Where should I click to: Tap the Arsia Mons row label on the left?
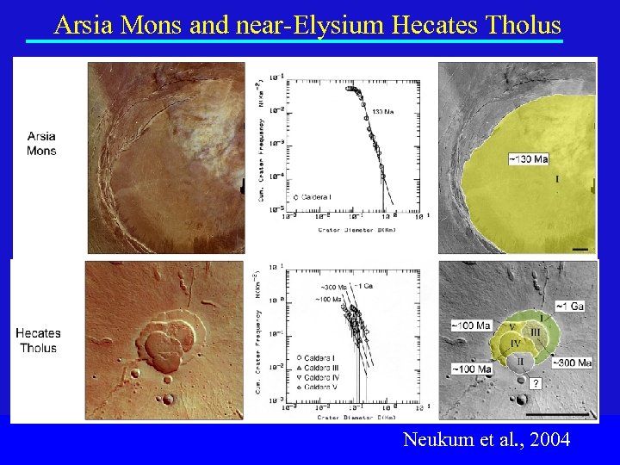tap(42, 144)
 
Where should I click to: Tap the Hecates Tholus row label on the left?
tap(38, 341)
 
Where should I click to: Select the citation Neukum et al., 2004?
tap(486, 440)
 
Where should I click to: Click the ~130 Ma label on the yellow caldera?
tap(527, 159)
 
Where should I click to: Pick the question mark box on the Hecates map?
tap(536, 384)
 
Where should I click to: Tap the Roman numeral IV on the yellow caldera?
tap(514, 344)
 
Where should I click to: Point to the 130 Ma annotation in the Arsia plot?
tap(383, 111)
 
